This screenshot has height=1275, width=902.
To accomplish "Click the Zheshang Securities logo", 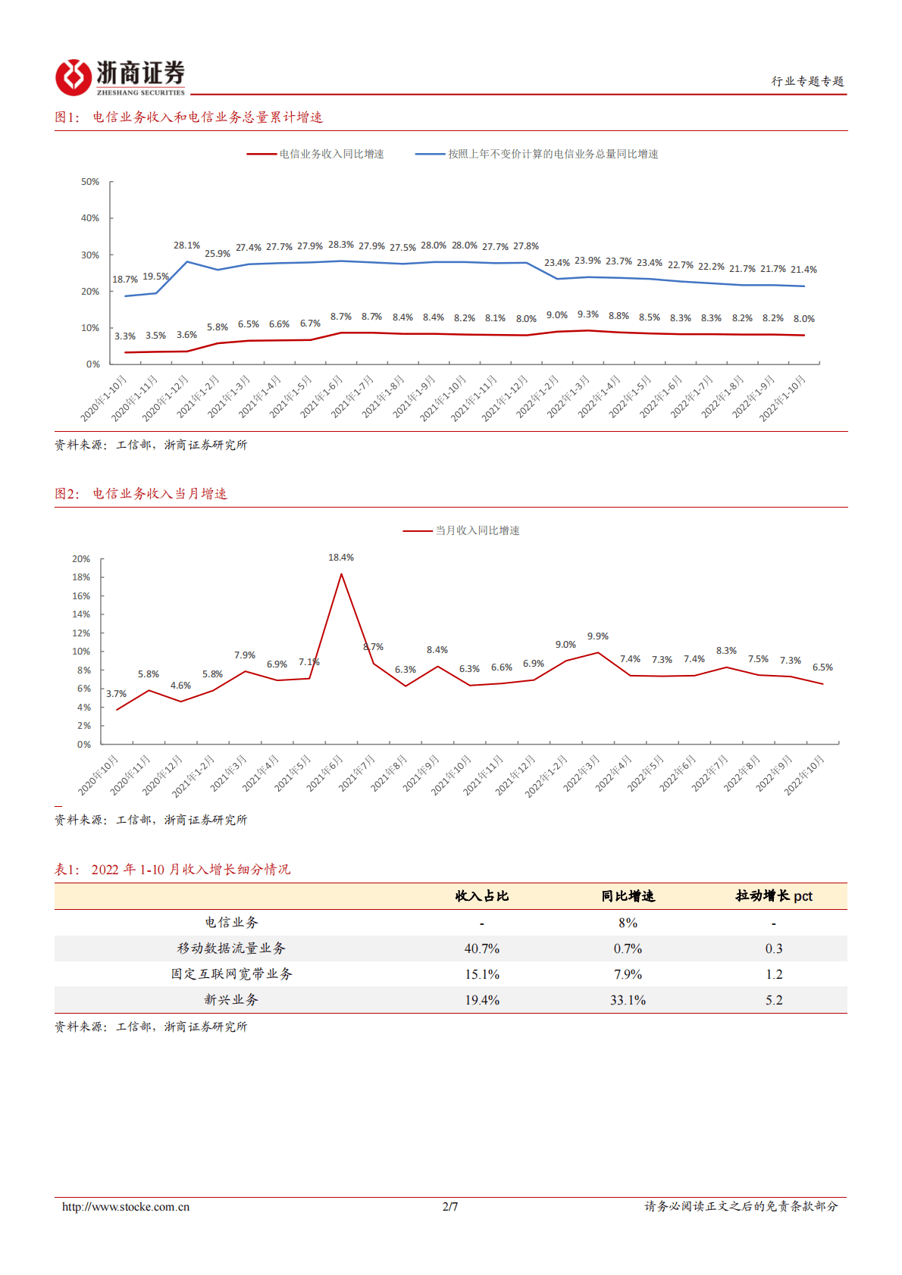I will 120,77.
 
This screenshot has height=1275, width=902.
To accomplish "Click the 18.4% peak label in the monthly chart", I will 341,558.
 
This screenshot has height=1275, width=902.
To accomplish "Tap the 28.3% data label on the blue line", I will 341,245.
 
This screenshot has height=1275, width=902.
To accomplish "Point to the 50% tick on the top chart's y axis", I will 90,182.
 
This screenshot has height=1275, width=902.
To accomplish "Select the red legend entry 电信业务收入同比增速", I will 316,154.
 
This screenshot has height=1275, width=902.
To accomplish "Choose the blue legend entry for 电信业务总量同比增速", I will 537,154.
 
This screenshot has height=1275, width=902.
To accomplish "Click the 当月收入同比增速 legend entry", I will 462,530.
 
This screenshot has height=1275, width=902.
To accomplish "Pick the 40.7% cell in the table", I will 482,948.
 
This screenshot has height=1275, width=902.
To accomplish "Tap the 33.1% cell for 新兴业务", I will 628,1000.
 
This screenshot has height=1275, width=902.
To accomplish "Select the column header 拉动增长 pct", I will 774,896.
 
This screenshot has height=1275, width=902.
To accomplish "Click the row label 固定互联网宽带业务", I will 231,974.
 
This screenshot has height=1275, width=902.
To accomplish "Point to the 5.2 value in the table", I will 774,1000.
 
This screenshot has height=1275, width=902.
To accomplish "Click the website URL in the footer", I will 126,1207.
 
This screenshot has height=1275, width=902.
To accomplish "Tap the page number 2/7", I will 450,1207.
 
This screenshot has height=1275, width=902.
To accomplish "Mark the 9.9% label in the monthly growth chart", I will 598,636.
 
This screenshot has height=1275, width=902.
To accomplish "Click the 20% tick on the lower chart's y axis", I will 81,559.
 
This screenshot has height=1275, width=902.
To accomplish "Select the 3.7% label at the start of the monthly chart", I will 116,694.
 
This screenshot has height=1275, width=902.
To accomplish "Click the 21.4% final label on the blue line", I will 803,270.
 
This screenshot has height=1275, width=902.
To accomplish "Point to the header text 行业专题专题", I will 807,81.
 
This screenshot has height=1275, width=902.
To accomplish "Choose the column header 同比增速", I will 628,896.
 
